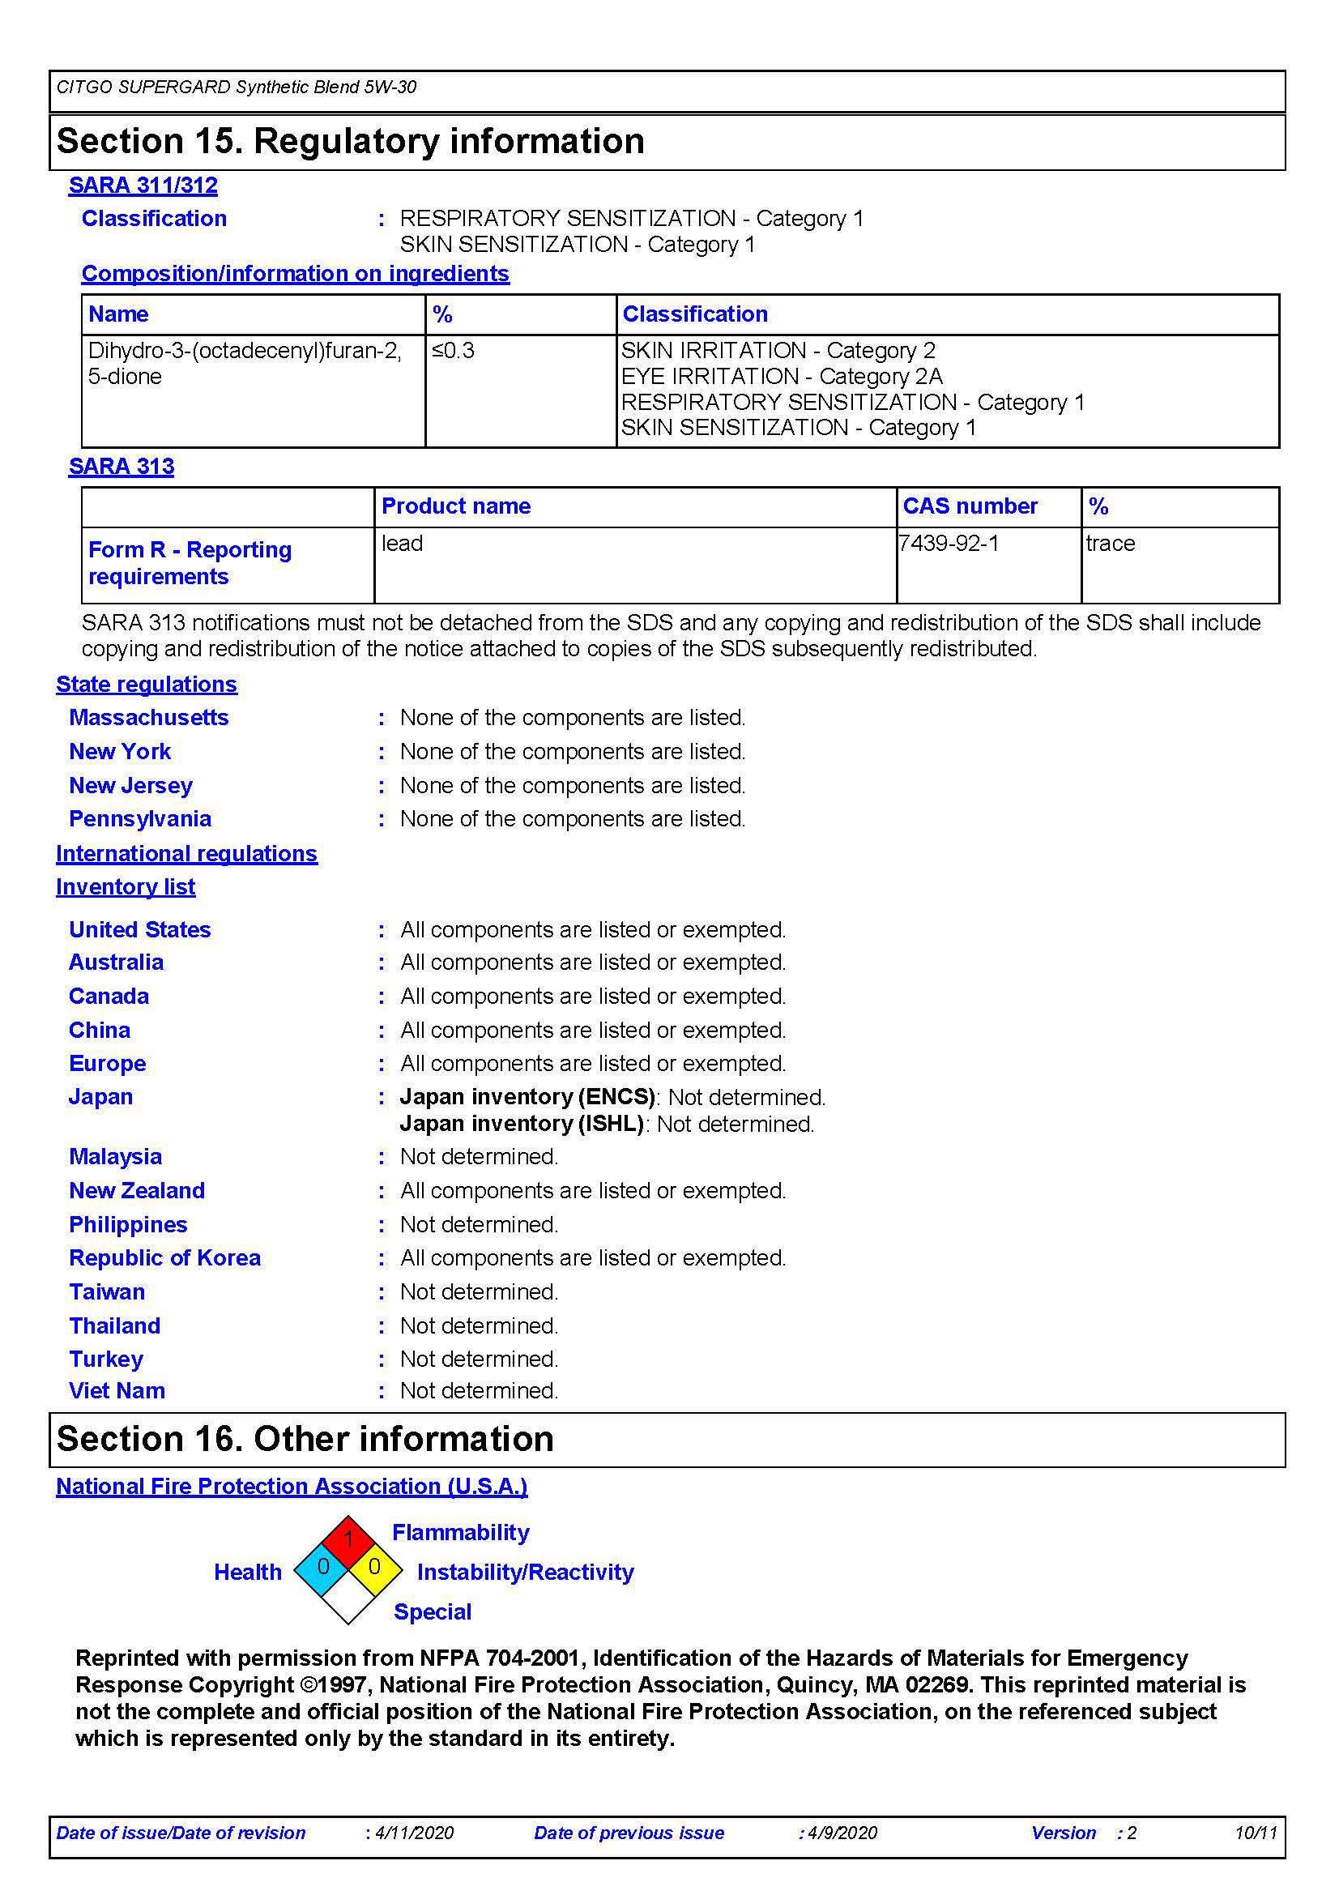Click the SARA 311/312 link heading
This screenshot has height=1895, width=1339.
[143, 185]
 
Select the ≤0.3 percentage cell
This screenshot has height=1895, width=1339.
[453, 351]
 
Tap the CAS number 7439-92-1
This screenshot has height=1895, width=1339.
[949, 543]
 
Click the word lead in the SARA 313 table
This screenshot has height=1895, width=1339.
[402, 543]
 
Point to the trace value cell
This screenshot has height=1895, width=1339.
[1110, 543]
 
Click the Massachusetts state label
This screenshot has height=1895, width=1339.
[148, 717]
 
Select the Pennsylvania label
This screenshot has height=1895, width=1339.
[140, 819]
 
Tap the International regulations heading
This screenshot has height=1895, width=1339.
[186, 853]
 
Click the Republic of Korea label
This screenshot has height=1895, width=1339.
[165, 1258]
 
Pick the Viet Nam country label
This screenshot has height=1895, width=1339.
[117, 1391]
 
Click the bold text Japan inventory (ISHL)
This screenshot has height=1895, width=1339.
[522, 1125]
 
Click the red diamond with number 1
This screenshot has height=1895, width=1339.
[348, 1539]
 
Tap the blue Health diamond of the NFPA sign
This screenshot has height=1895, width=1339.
[322, 1567]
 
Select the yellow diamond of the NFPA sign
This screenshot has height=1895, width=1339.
[375, 1567]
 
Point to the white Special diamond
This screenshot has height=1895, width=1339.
[348, 1597]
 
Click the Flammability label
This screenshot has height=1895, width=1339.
[460, 1533]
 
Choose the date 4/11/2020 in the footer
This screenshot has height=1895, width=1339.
[414, 1833]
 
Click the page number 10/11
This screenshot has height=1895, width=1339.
[1255, 1833]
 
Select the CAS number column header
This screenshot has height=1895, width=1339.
[970, 506]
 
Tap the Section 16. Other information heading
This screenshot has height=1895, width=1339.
[305, 1440]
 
